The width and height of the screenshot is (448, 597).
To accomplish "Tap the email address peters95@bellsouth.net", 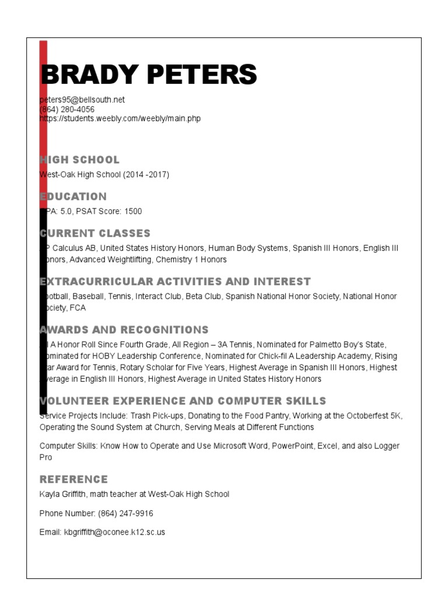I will point(82,100).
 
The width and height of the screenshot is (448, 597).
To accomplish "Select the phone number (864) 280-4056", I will point(67,109).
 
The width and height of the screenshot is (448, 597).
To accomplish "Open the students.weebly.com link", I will point(120,118).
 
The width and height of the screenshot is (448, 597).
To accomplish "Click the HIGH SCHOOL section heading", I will point(80,160).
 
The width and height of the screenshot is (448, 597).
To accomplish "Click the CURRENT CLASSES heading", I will point(95,233).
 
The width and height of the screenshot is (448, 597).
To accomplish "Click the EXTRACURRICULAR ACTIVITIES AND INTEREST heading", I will point(175,282).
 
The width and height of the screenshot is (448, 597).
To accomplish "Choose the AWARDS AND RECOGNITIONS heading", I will point(124,330).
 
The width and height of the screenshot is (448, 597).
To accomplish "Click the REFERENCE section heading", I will point(73,479).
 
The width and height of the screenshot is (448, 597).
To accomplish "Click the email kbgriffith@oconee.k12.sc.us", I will point(114,532).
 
